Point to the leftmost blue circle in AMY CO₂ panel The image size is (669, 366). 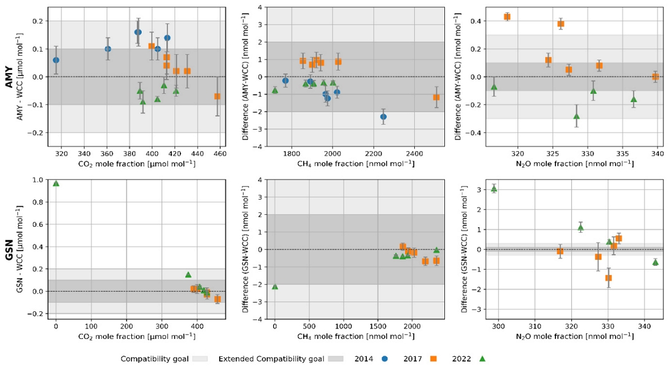pyautogui.click(x=56, y=60)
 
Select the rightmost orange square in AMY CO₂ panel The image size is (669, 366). pyautogui.click(x=217, y=96)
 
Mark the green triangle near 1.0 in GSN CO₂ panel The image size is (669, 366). pyautogui.click(x=56, y=183)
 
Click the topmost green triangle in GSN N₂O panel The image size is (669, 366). pyautogui.click(x=494, y=189)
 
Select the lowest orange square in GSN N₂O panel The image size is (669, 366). pyautogui.click(x=608, y=278)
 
